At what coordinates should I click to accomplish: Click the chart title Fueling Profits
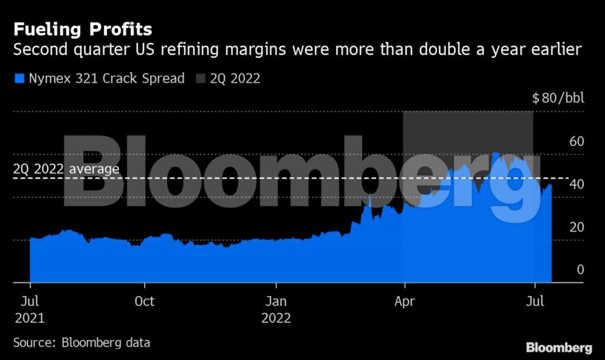tap(82, 30)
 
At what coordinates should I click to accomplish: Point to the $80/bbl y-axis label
tap(557, 98)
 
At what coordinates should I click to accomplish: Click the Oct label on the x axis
tap(144, 301)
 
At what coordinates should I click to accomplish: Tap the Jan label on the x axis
tap(276, 301)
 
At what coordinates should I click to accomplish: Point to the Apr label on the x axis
tap(404, 301)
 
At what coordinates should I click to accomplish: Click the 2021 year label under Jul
tap(29, 317)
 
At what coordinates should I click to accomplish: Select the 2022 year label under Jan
tap(276, 317)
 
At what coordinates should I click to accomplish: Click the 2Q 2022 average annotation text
tap(66, 170)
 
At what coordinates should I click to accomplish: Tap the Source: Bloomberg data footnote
tap(82, 343)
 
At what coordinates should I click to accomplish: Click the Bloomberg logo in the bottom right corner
tap(559, 347)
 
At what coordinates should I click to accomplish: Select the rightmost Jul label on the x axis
tap(534, 301)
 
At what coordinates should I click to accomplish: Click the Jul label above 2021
tap(29, 301)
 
